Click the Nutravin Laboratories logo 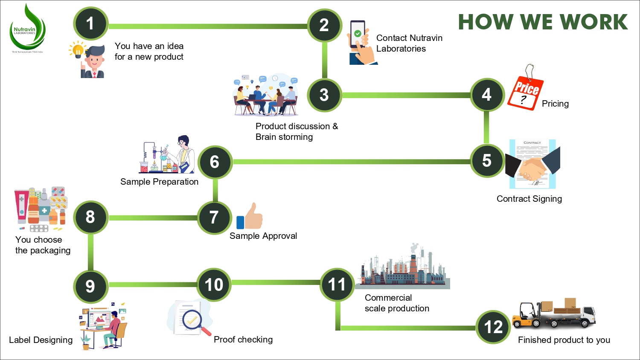(27, 30)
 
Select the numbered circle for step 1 (90, 24)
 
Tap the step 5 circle (487, 161)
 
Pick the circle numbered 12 (493, 327)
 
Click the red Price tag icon (526, 92)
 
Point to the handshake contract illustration (532, 164)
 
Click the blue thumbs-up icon (249, 217)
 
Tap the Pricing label (555, 104)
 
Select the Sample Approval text (263, 236)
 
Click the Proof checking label (243, 340)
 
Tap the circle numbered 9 (90, 286)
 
